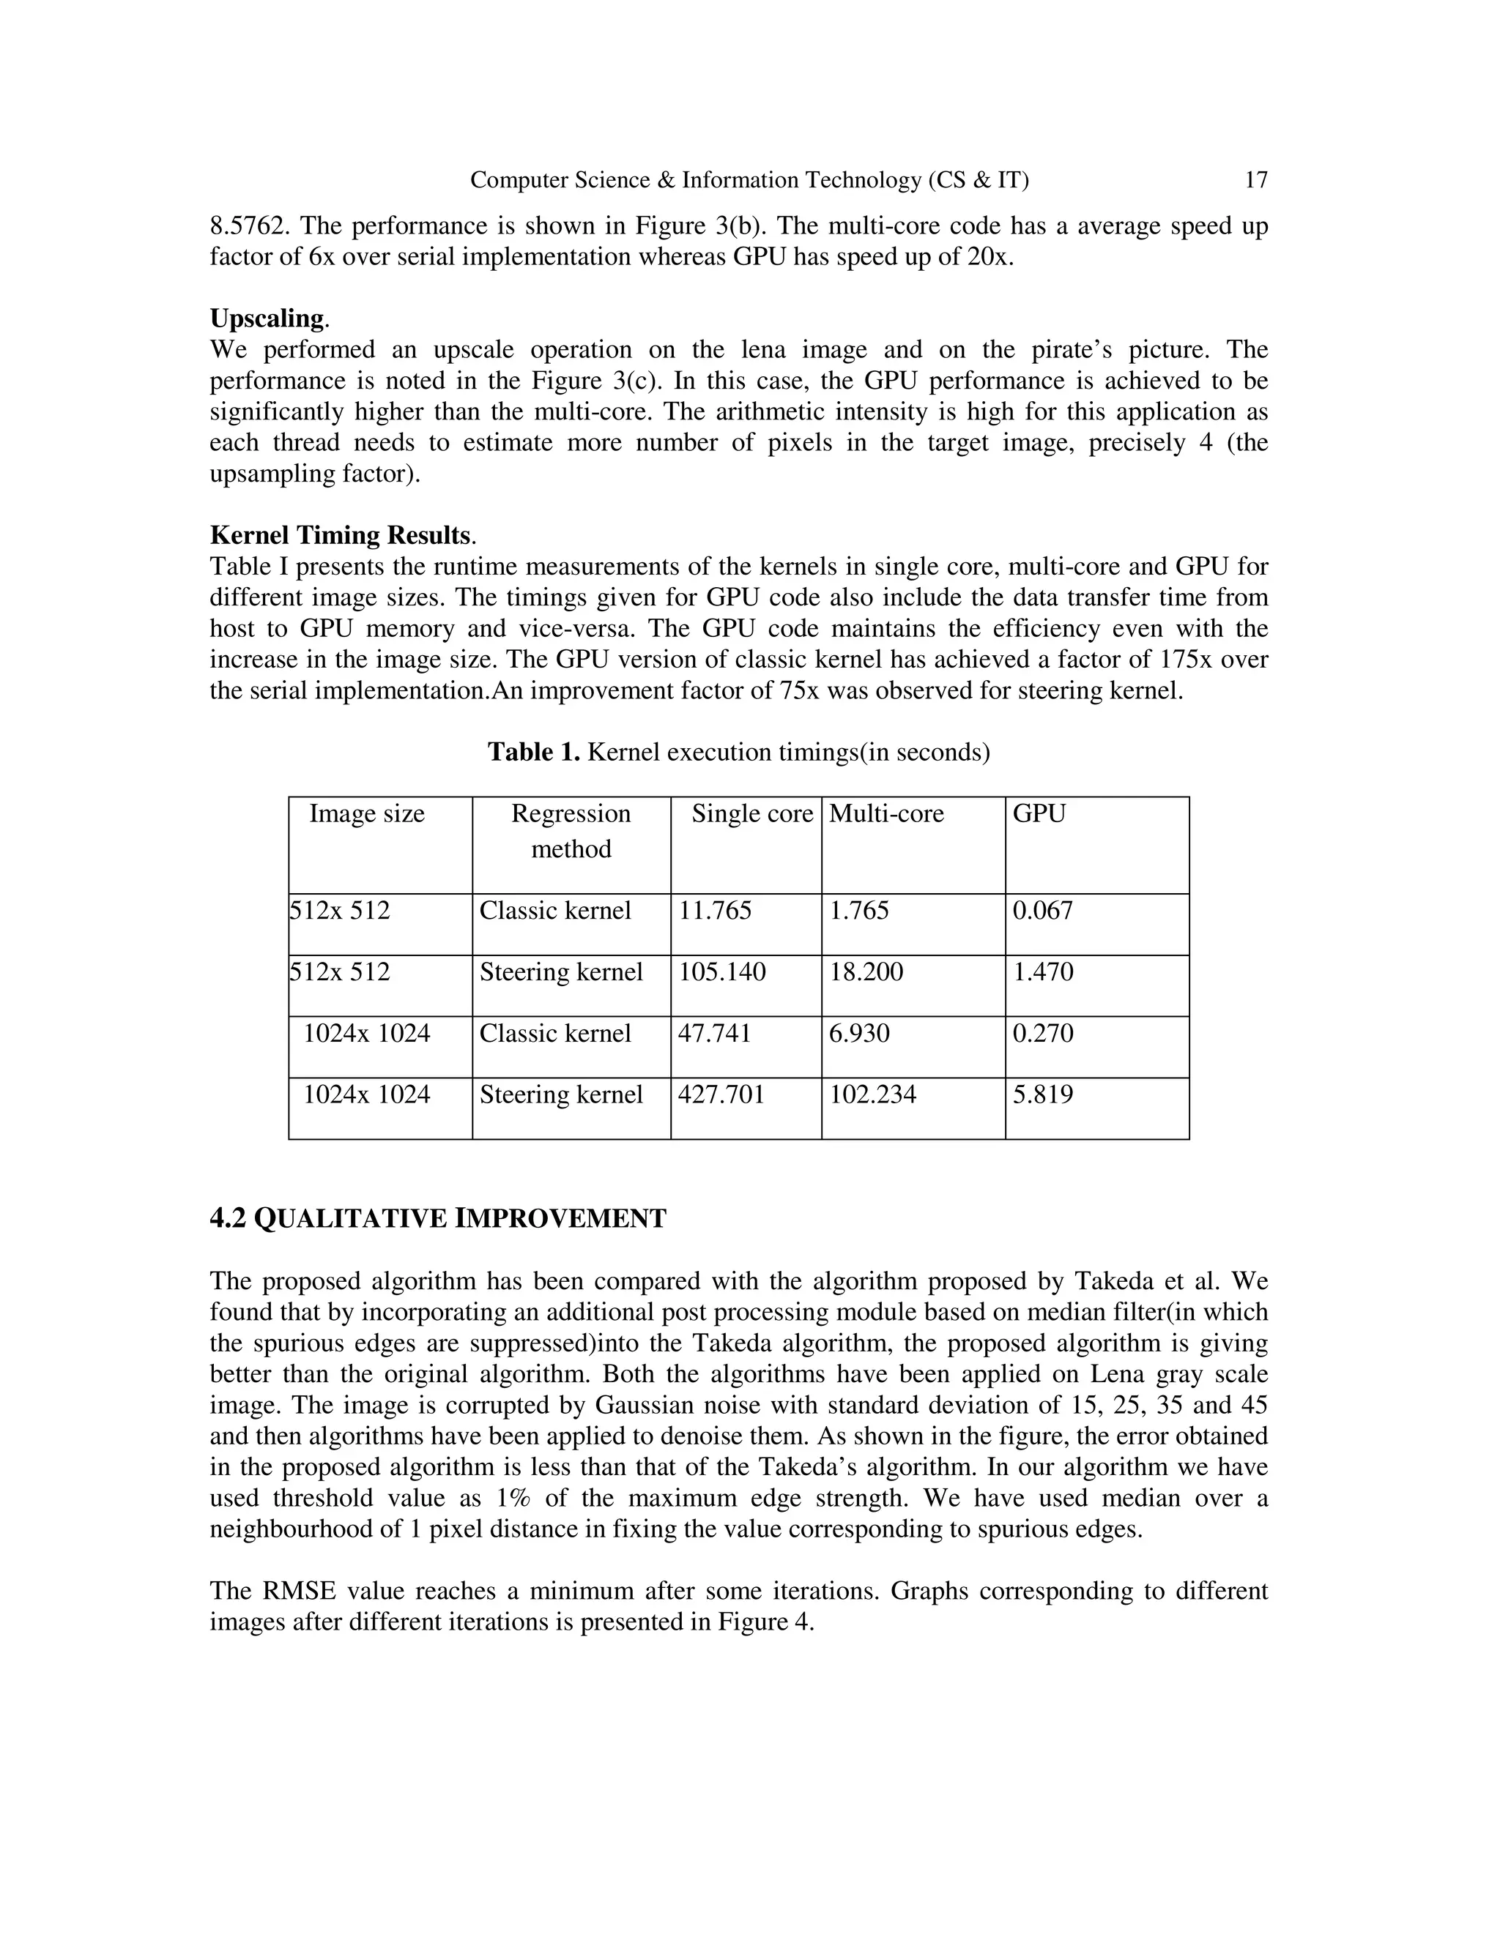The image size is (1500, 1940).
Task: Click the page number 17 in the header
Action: [1255, 180]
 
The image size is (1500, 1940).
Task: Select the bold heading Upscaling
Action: [267, 318]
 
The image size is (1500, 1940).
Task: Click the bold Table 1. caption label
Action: [533, 753]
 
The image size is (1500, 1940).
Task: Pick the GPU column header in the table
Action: [1039, 813]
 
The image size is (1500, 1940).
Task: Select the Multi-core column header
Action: [886, 813]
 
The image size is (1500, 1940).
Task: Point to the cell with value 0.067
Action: [1042, 911]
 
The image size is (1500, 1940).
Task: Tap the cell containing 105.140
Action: [721, 971]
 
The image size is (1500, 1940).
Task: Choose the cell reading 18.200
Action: [866, 971]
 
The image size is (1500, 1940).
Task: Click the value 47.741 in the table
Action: [714, 1033]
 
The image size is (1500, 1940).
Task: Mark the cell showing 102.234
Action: [872, 1094]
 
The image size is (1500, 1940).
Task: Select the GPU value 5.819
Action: [1042, 1094]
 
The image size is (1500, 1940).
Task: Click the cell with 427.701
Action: [721, 1094]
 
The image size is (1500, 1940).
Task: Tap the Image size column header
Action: [366, 813]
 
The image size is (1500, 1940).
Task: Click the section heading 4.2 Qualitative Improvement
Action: [437, 1219]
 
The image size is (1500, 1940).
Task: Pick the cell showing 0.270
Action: [1042, 1033]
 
